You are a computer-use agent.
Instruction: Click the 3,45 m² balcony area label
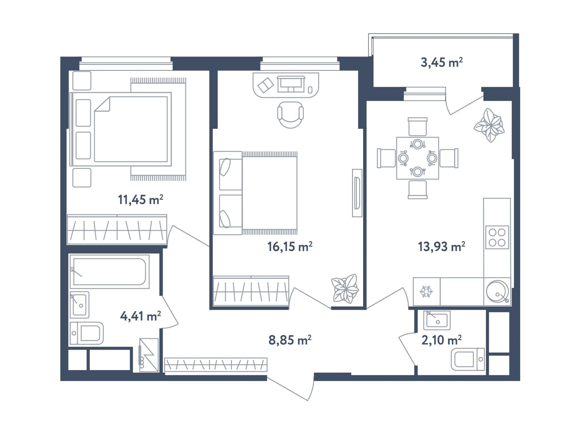pyautogui.click(x=441, y=62)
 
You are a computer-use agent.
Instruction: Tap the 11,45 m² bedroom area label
pyautogui.click(x=140, y=200)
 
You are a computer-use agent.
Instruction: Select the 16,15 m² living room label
pyautogui.click(x=290, y=247)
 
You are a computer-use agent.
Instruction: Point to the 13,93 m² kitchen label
pyautogui.click(x=441, y=247)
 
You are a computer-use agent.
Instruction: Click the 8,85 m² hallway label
pyautogui.click(x=290, y=340)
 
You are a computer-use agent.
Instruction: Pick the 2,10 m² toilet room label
pyautogui.click(x=441, y=340)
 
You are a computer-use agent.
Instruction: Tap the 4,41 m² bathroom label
pyautogui.click(x=140, y=316)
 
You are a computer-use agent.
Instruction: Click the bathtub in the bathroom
pyautogui.click(x=110, y=271)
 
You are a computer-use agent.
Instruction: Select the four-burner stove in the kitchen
pyautogui.click(x=497, y=237)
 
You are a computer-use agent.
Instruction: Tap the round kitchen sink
pyautogui.click(x=497, y=291)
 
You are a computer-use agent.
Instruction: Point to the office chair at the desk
pyautogui.click(x=290, y=115)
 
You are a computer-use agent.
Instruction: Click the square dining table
pyautogui.click(x=418, y=158)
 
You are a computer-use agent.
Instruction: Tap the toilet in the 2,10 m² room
pyautogui.click(x=468, y=359)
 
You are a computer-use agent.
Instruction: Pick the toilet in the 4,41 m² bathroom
pyautogui.click(x=87, y=333)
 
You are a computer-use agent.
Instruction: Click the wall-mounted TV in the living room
pyautogui.click(x=357, y=193)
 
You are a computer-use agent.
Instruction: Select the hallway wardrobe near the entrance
pyautogui.click(x=216, y=365)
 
